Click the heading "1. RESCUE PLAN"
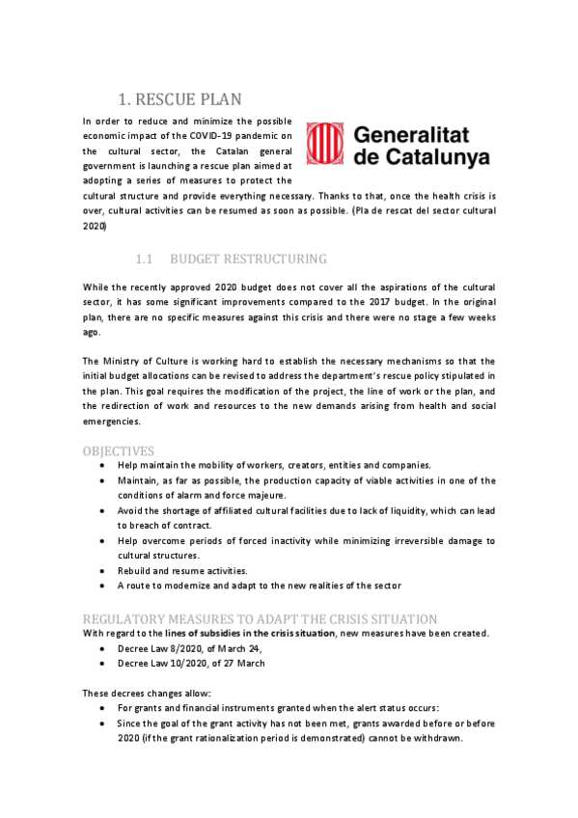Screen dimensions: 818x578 point(179,98)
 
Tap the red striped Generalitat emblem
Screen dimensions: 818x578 point(324,144)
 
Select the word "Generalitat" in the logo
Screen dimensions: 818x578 point(421,133)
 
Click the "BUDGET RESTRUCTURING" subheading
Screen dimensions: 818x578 point(248,259)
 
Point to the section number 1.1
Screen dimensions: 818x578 point(145,259)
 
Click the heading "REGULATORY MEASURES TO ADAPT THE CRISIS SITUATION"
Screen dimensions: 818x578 point(260,618)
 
